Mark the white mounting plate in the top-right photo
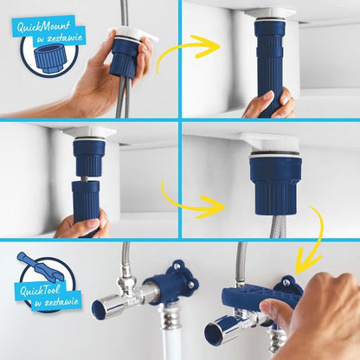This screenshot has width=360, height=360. click(270, 14)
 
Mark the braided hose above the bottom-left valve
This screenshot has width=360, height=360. click(127, 260)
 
